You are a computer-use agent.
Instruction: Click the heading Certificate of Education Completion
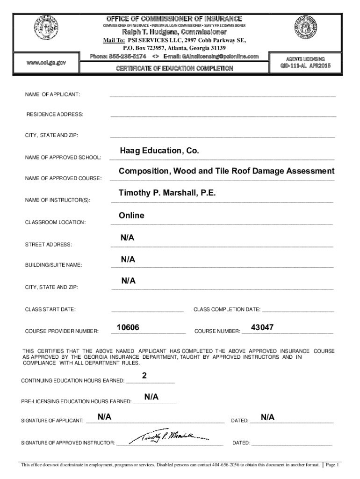click(175, 68)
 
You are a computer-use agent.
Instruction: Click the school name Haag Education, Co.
click(159, 151)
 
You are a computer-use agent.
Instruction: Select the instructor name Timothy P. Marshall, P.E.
click(167, 193)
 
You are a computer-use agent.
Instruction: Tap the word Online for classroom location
click(131, 216)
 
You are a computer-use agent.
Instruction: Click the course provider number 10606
click(128, 327)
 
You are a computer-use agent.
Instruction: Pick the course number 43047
click(262, 327)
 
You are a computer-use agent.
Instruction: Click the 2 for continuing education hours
click(144, 376)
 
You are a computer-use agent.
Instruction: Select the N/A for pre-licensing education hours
click(151, 397)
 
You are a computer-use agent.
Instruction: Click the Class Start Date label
click(50, 309)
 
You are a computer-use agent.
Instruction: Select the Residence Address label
click(55, 115)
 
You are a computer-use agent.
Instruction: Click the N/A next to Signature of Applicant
click(104, 417)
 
